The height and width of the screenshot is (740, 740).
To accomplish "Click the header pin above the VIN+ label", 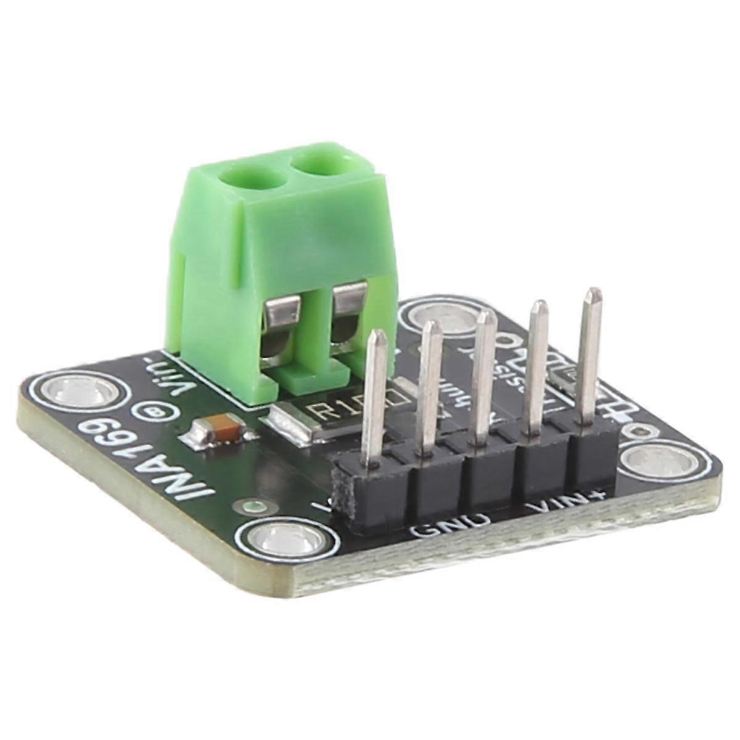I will pos(591,358).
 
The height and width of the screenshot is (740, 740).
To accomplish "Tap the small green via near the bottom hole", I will pos(252,507).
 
